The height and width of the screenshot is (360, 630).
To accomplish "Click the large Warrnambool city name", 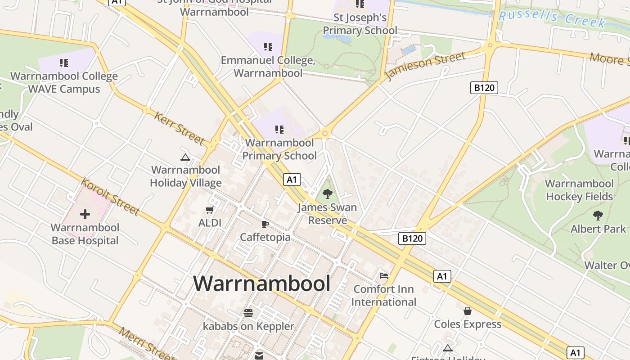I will coord(262,284).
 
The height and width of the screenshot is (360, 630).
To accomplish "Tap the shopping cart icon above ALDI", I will coord(209,210).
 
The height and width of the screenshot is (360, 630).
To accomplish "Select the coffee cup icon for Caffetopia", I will coord(265,224).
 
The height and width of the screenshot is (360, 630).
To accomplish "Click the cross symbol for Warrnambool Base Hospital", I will coord(85,214).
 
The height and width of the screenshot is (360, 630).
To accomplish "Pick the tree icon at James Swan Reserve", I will coord(328,194).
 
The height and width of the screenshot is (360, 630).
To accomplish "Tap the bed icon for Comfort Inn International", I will coord(384,275).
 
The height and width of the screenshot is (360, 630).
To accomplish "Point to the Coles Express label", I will coord(468,324).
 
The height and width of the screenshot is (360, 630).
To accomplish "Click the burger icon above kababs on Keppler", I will coord(248,313).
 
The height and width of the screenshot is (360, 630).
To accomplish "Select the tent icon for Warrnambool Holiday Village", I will coord(185,157).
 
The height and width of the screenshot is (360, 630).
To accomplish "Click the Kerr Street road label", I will coord(180,128).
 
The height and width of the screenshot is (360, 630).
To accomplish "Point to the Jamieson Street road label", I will coord(425,65).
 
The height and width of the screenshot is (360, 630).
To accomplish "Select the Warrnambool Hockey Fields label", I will coord(579,190).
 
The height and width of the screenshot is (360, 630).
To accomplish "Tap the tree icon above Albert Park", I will coord(598,215).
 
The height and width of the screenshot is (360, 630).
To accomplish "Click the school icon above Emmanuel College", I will coord(268,47).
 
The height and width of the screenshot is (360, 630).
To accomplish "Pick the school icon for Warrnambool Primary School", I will coord(279,130).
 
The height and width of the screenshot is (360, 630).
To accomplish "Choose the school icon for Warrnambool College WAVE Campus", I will coord(64,63).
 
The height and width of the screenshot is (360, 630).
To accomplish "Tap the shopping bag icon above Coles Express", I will coord(468,311).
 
